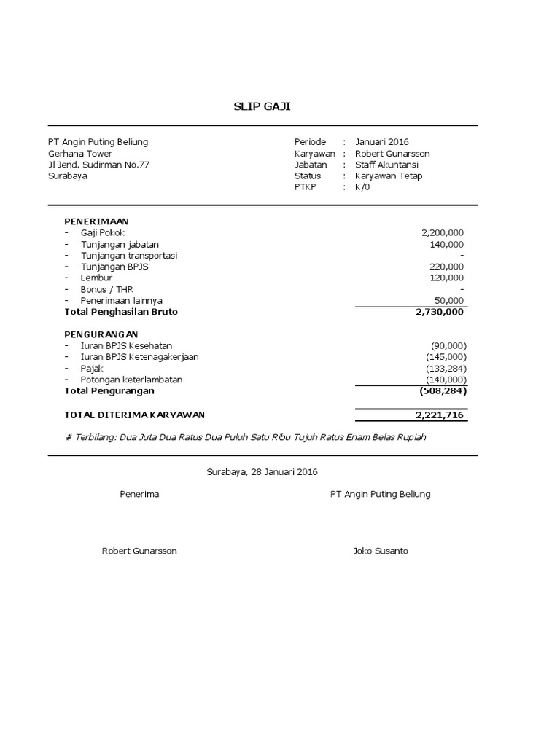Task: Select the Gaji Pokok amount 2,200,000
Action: pos(442,232)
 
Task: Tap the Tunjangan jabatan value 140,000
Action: pos(446,244)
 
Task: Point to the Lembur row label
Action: pos(96,278)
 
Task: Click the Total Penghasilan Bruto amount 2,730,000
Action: pos(439,312)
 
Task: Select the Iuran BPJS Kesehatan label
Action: pos(126,345)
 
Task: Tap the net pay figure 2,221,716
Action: pos(439,415)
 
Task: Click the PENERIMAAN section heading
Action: pos(96,221)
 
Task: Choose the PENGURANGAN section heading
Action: pos(101,334)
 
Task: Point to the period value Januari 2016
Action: pos(382,142)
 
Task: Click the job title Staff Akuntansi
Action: pos(386,165)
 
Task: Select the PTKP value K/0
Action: pos(362,187)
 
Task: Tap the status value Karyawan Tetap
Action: pos(388,176)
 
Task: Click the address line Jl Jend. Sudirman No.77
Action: pos(98,165)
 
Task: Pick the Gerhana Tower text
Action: pos(80,154)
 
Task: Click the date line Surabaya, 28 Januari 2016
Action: pos(262,472)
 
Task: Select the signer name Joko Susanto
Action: pos(380,551)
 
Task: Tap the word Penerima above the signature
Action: pos(139,494)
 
